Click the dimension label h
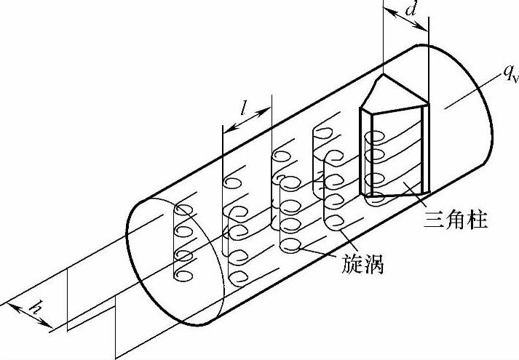[x=33, y=309]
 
